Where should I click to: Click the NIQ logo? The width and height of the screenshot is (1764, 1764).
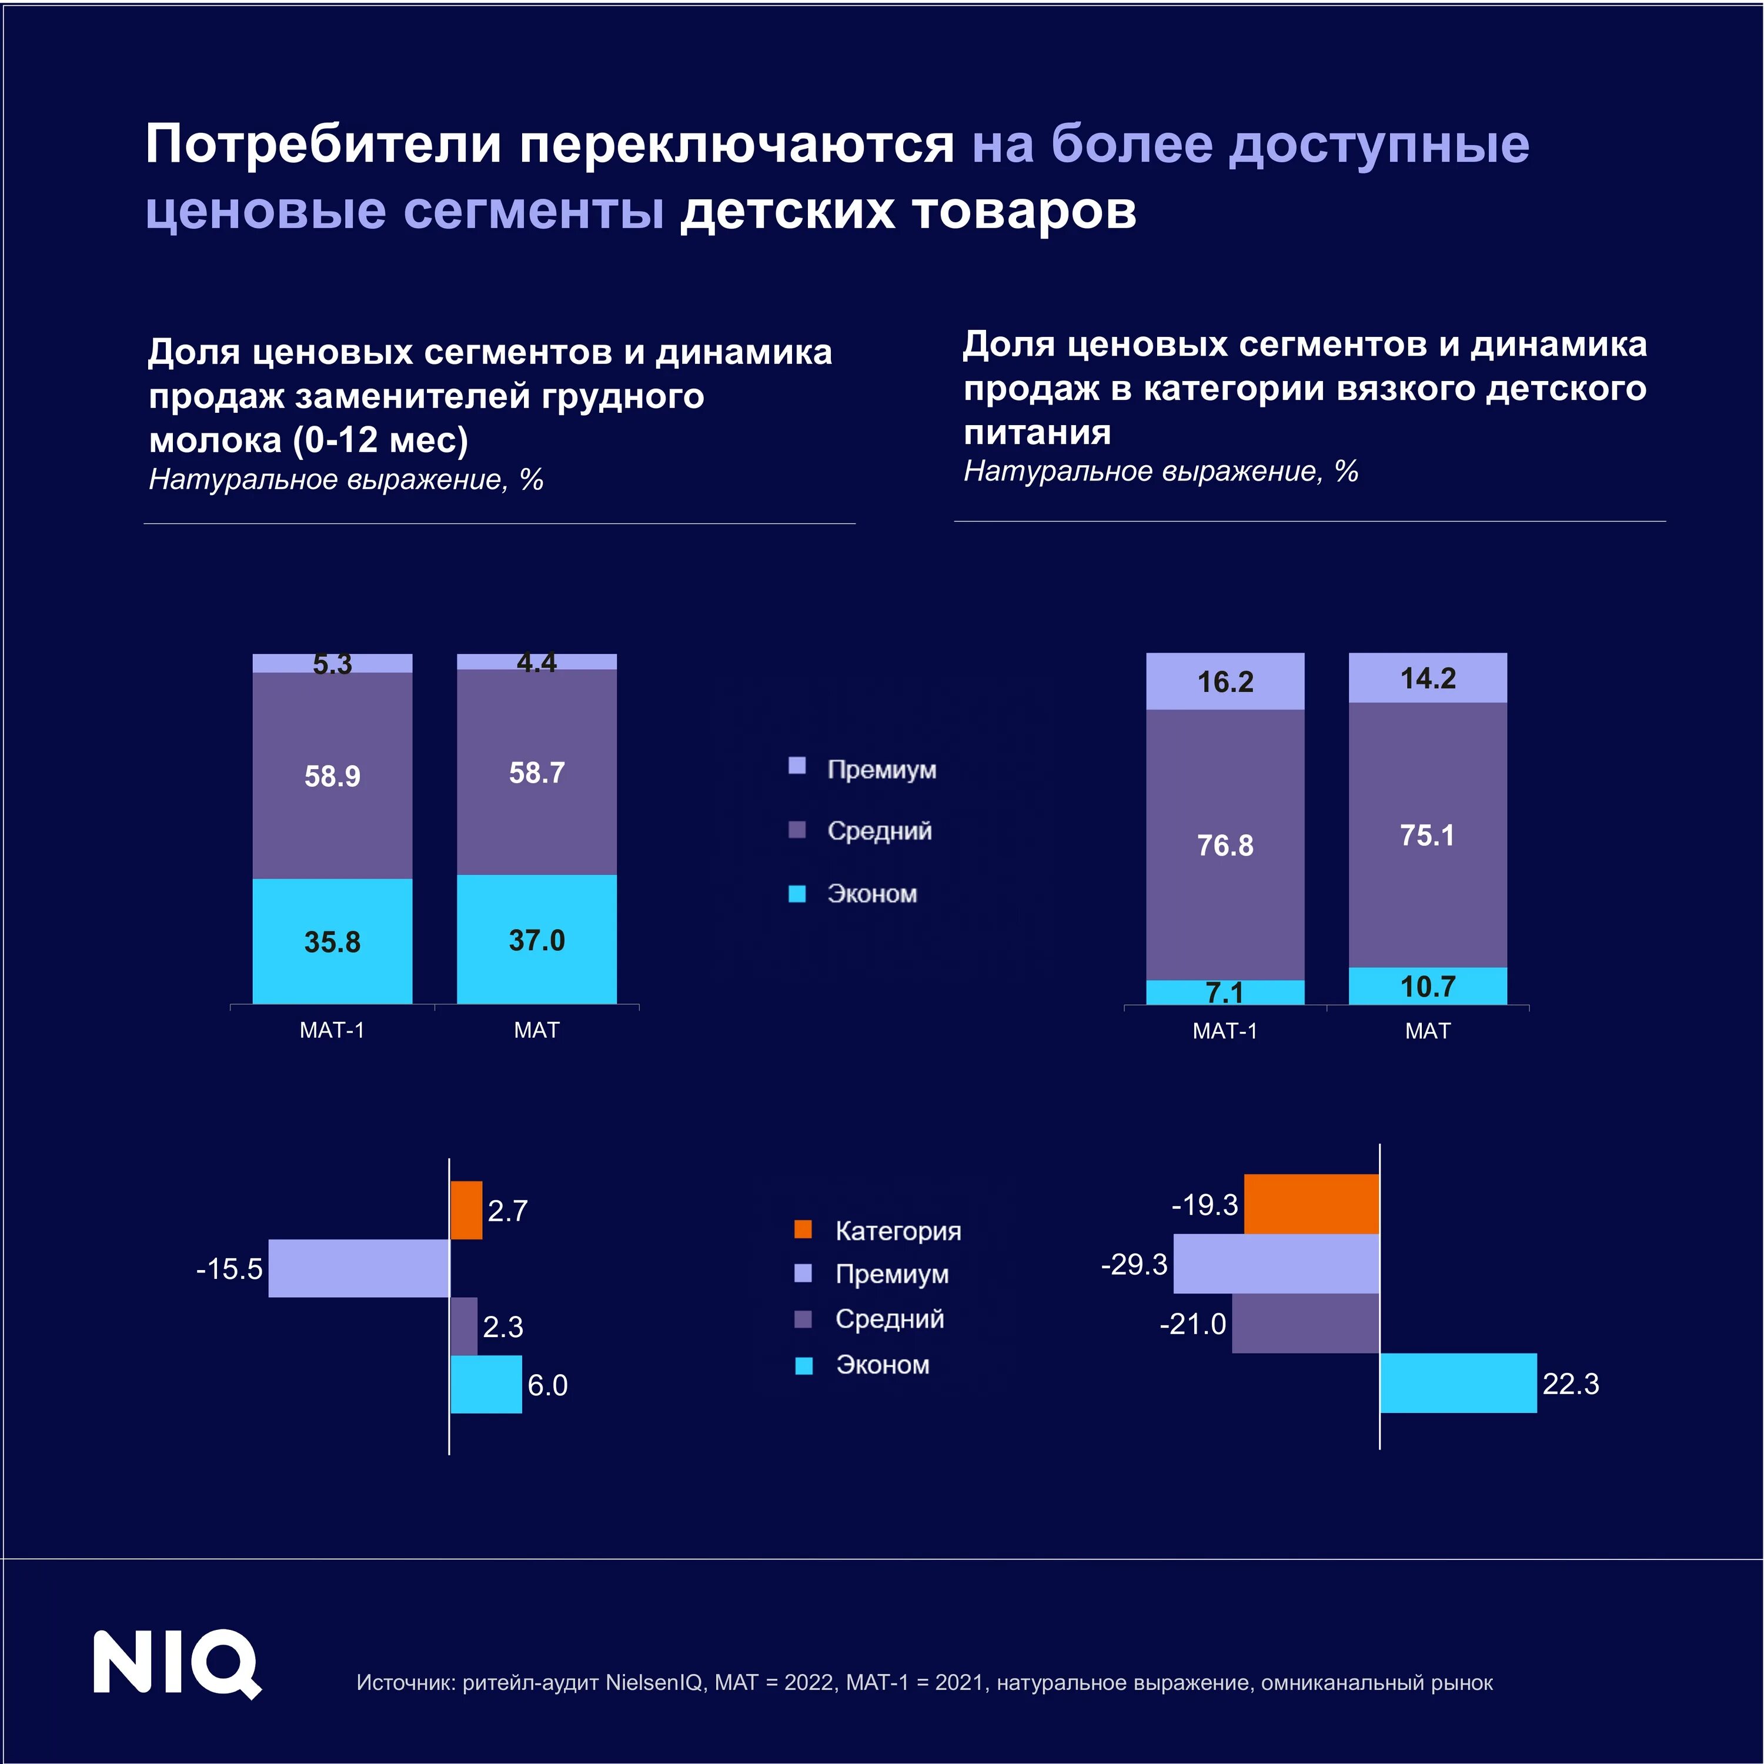177,1663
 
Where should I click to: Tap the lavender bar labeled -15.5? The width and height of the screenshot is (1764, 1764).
359,1268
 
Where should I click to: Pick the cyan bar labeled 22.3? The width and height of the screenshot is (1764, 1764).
1458,1382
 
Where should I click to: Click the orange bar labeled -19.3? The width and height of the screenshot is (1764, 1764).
1312,1204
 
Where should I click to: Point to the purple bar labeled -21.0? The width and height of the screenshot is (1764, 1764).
1305,1323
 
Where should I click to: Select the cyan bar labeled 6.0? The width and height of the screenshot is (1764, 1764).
486,1384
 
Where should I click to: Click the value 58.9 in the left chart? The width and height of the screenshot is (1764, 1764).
332,776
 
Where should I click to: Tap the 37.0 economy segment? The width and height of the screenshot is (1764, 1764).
537,940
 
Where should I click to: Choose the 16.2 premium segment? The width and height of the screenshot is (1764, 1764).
1225,681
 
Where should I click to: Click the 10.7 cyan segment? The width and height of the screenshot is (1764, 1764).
1428,986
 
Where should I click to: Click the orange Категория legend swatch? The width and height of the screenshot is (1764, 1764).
803,1229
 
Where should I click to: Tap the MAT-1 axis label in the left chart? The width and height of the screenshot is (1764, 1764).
332,1030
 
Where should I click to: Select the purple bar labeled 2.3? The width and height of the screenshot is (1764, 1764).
464,1326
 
